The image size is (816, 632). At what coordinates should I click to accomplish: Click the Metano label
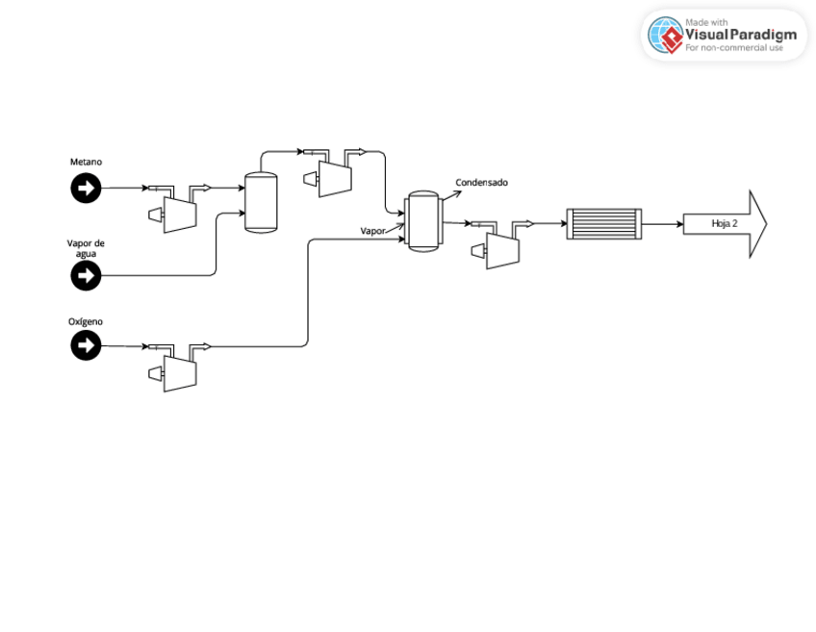click(x=86, y=162)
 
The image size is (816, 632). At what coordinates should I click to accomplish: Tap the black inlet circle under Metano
click(x=86, y=189)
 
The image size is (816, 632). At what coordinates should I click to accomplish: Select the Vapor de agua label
click(x=86, y=247)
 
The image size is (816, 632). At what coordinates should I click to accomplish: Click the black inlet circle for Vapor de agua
click(x=86, y=276)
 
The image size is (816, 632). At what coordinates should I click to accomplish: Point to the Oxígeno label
click(x=86, y=321)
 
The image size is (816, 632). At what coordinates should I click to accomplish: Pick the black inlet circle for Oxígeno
click(x=86, y=344)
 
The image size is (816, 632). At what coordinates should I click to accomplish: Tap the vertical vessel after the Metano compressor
click(x=260, y=202)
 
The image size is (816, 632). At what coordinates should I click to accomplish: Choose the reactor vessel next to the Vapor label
click(x=422, y=221)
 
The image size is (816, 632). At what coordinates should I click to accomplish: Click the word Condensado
click(x=481, y=183)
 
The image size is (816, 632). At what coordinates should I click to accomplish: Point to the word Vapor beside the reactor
click(x=372, y=231)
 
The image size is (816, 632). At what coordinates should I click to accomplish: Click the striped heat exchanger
click(x=603, y=224)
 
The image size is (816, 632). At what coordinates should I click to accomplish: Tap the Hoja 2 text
click(x=724, y=224)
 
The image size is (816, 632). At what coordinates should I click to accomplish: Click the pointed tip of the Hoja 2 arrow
click(x=765, y=224)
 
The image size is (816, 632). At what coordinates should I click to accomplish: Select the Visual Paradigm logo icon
click(x=665, y=35)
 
